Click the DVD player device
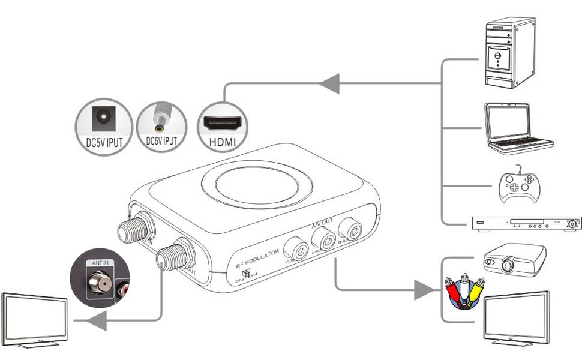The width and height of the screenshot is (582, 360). (526, 223)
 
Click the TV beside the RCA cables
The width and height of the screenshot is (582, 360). (516, 318)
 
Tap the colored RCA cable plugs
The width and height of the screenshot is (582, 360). (463, 292)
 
